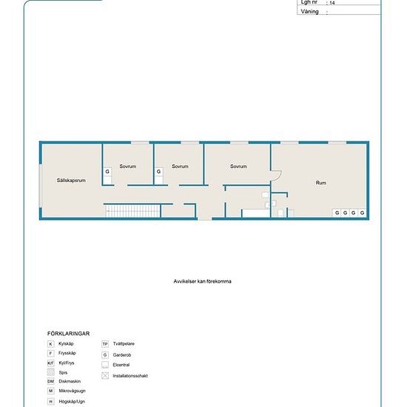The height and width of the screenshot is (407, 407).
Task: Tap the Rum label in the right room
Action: coord(321,183)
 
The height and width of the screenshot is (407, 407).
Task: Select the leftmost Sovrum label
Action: coord(127,166)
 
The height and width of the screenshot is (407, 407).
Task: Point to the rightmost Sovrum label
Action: coord(238,166)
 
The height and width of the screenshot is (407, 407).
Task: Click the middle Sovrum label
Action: coord(180,166)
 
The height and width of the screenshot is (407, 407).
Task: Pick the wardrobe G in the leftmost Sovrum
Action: coord(107,172)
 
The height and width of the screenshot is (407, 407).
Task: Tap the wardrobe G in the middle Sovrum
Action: coord(158,172)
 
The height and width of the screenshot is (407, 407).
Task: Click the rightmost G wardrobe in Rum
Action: coord(363,213)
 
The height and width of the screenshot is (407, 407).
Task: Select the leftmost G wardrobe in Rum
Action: coord(337,213)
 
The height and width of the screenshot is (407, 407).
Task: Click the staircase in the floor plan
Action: coord(132,212)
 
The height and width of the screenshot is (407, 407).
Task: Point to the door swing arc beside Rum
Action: coord(276,177)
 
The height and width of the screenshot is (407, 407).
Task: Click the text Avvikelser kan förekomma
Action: coord(203,281)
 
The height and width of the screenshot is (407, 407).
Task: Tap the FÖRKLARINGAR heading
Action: coord(67,334)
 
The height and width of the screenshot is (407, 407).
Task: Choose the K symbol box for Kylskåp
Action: coord(50,344)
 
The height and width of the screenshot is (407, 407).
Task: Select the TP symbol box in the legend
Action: coord(105,344)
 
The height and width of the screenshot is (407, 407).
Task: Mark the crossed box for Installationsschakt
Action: coord(105,376)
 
